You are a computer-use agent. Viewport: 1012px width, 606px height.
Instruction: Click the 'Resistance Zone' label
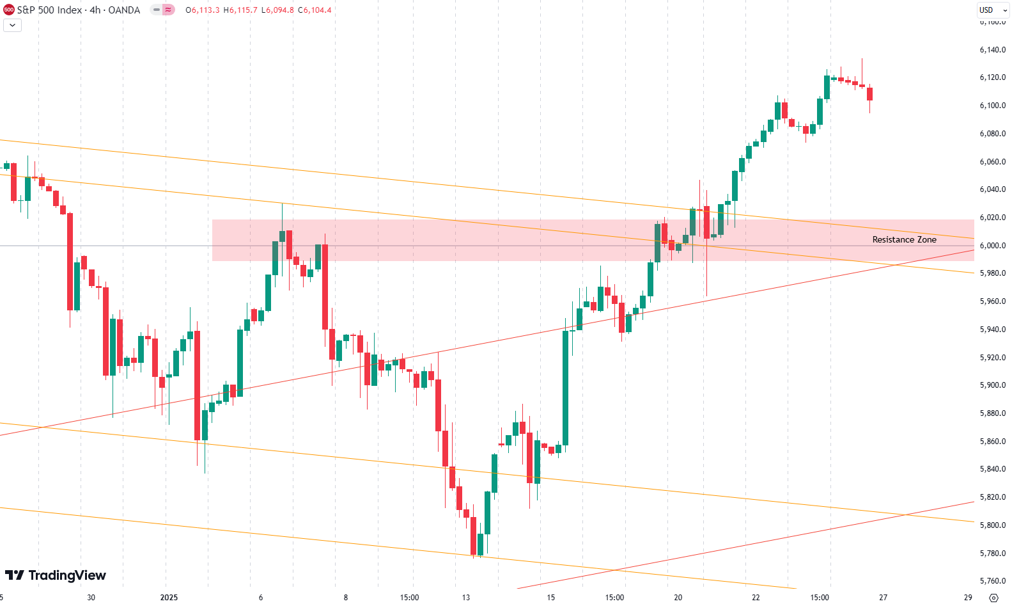coord(904,240)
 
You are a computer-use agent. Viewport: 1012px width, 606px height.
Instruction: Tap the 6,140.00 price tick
coord(992,50)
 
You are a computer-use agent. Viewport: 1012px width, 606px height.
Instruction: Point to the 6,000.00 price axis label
coord(992,246)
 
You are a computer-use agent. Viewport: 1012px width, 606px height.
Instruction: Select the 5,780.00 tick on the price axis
coord(992,554)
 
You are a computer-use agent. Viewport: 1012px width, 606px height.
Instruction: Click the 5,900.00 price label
coord(992,385)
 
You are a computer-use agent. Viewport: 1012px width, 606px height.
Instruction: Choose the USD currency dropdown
coord(993,10)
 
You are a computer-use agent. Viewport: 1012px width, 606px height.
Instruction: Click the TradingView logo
coord(56,575)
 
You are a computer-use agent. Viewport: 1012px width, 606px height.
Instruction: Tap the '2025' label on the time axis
coord(169,598)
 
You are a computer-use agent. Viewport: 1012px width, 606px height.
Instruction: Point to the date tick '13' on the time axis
coord(466,598)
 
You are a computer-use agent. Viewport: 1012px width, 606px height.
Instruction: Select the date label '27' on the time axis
coord(883,598)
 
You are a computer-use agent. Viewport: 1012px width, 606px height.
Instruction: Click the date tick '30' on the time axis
coord(91,598)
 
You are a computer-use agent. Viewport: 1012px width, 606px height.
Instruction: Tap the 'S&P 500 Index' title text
coord(49,10)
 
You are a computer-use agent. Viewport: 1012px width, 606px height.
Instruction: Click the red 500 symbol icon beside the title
coord(9,10)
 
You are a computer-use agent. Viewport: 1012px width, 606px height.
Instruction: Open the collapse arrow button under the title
coord(12,25)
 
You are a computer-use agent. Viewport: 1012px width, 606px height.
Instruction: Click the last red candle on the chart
coord(869,94)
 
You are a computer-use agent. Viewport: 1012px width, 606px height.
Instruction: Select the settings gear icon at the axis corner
coord(993,598)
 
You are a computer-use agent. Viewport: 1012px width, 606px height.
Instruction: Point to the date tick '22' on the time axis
coord(756,598)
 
